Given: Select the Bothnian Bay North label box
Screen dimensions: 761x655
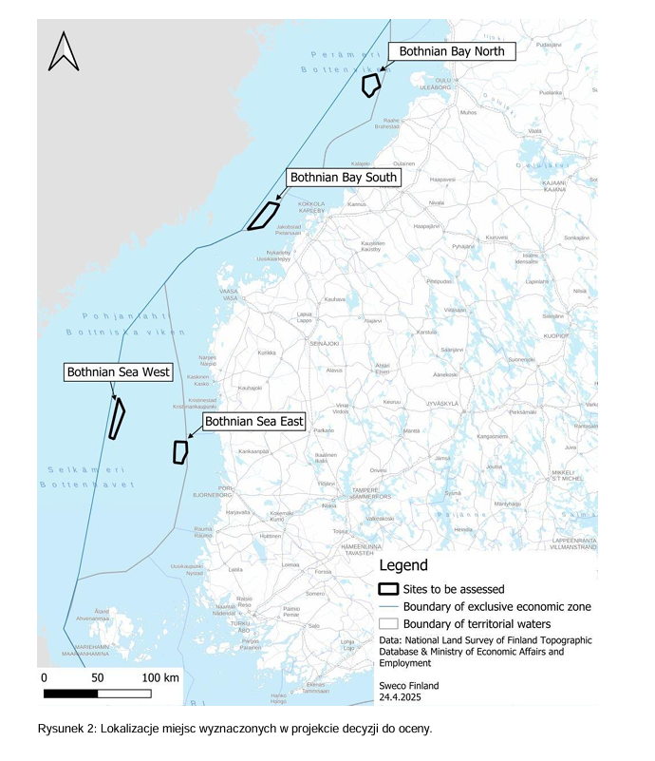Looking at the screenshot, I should (451, 51).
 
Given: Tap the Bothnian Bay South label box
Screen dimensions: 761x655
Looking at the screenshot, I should (344, 178).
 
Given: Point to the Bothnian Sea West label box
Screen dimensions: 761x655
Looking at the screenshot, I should (119, 371).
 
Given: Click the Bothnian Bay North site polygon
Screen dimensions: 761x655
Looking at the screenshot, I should (370, 85).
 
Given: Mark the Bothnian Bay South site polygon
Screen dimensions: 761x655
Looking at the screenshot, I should (264, 216).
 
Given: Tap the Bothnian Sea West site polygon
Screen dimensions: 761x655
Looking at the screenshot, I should (117, 419).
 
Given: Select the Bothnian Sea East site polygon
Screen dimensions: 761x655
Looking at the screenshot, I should (179, 452).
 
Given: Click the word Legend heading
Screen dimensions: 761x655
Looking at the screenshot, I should (403, 565).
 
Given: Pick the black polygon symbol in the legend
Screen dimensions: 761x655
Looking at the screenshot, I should (387, 589).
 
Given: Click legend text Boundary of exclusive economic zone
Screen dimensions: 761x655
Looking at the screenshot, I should (496, 606).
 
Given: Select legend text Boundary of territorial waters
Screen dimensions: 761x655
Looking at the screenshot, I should (484, 623).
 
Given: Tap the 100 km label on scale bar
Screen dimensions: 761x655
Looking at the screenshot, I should (160, 678).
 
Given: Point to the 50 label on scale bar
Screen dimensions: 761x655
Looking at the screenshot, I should (97, 678).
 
